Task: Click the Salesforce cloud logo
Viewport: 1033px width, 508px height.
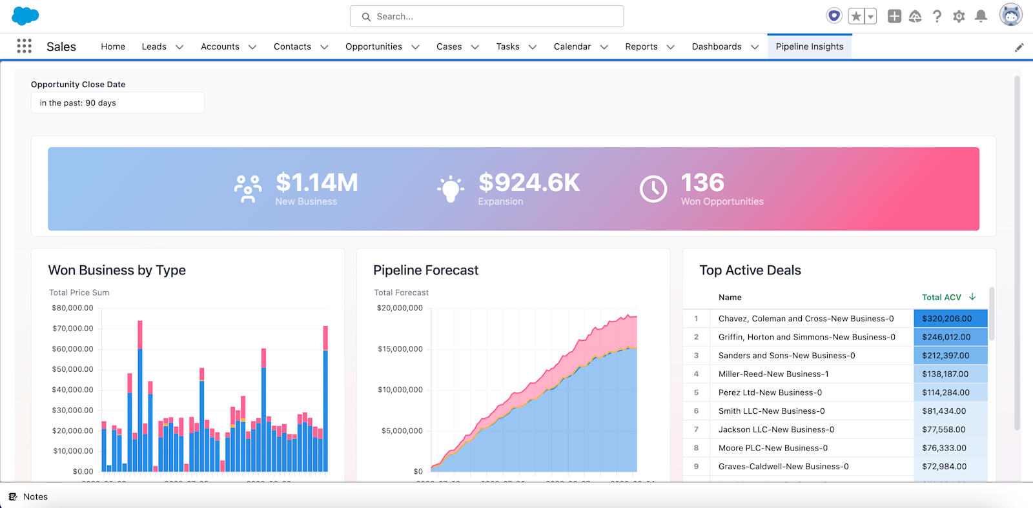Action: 25,15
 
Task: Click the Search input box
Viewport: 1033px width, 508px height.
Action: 487,16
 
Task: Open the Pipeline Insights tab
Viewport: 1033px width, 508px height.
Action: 809,46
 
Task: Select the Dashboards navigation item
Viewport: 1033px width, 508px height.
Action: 716,46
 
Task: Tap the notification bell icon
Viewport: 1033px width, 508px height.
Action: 981,16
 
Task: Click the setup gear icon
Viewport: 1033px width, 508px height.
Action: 959,16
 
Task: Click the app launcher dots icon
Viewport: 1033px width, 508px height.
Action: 25,46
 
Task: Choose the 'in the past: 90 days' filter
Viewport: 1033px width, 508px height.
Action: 118,103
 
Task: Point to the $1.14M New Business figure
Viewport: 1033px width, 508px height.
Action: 316,183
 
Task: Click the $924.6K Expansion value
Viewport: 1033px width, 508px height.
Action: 529,183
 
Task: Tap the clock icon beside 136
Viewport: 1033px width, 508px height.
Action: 653,189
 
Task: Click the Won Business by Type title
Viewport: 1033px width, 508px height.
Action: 117,270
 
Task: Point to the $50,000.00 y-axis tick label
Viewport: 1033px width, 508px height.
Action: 72,369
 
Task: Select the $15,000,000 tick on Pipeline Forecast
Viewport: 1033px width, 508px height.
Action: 400,349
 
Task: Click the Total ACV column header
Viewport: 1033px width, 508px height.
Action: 941,297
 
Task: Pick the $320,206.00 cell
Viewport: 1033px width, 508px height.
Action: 946,318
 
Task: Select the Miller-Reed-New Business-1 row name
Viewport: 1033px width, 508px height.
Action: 773,374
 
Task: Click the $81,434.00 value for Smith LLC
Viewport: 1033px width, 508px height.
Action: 944,411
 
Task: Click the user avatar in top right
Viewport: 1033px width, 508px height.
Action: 1010,15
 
